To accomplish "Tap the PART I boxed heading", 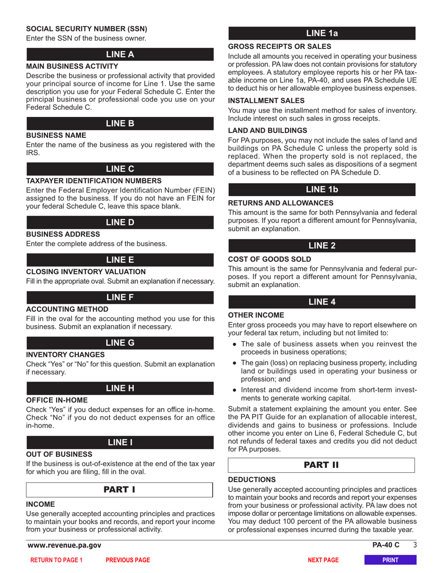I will click(119, 490).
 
